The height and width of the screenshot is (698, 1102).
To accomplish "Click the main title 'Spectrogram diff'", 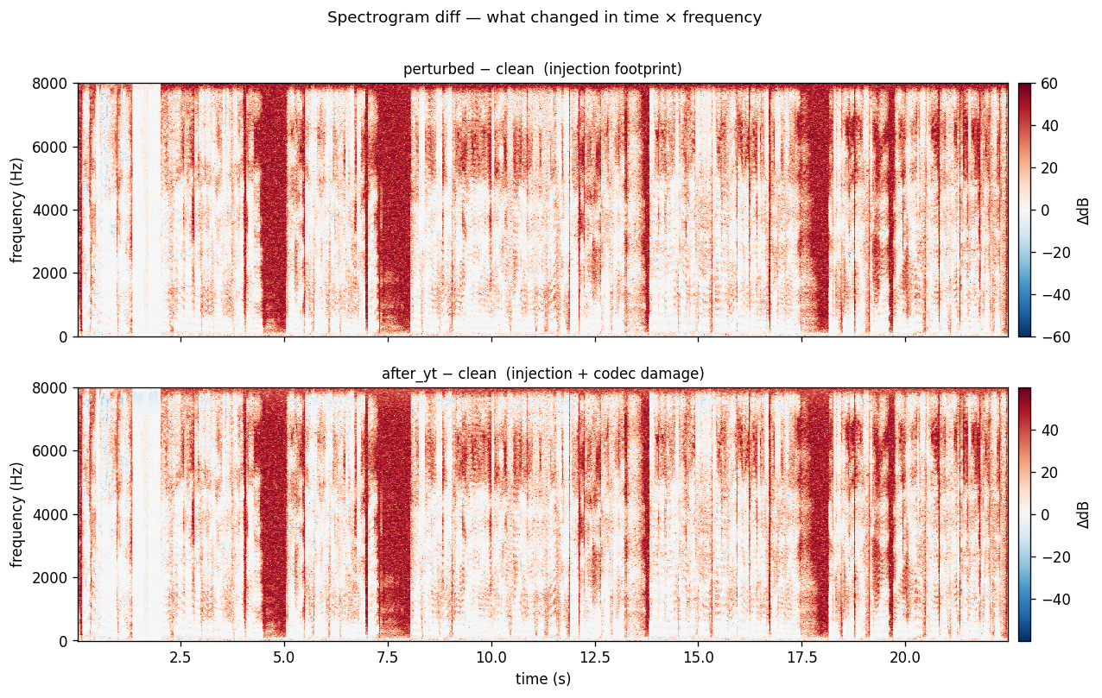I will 544,17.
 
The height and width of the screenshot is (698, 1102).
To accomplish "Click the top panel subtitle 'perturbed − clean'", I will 541,69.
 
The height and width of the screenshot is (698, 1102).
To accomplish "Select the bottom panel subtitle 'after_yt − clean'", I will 541,374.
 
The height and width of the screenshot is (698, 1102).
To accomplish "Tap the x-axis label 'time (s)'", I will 543,679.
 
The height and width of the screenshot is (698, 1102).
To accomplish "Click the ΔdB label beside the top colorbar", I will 1083,210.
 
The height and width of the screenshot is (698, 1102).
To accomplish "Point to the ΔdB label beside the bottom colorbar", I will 1083,514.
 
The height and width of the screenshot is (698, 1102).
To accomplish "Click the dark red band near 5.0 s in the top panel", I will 272,207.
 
